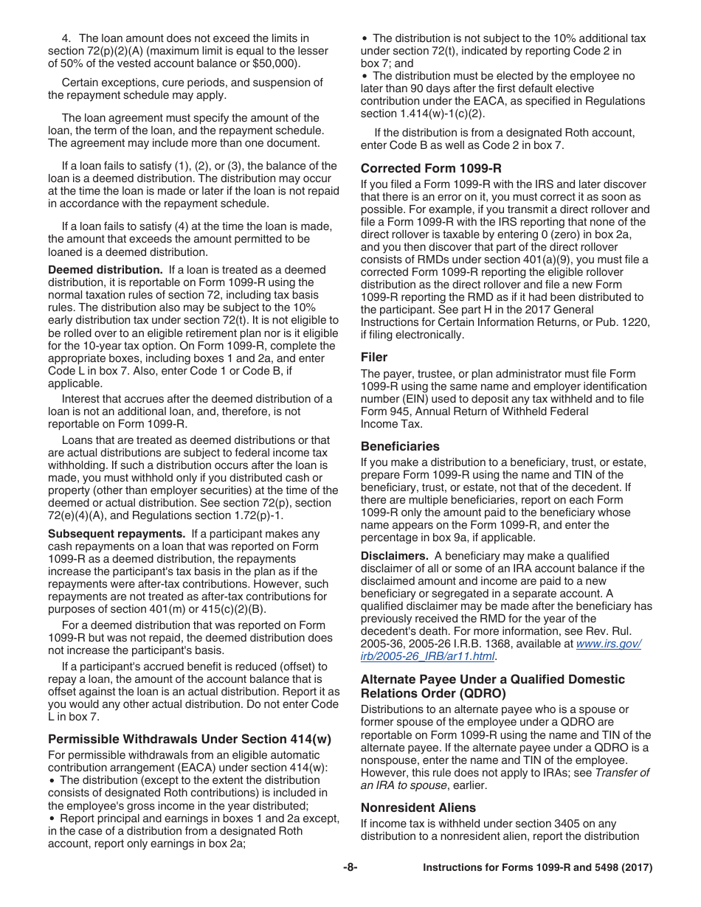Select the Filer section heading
(x=374, y=357)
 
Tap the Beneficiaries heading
(x=400, y=446)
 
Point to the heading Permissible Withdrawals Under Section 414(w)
(x=190, y=739)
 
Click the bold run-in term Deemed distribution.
(x=105, y=270)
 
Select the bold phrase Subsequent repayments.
(x=116, y=534)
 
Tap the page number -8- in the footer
(x=350, y=868)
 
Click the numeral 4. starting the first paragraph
(x=66, y=38)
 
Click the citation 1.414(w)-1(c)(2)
(x=441, y=114)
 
